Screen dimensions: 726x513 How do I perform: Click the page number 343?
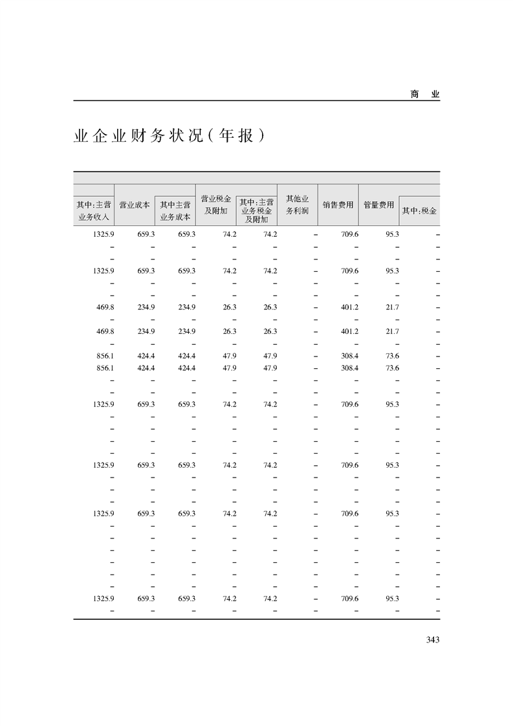click(433, 640)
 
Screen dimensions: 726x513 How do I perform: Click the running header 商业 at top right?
click(424, 94)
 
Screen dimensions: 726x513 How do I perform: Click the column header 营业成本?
click(135, 204)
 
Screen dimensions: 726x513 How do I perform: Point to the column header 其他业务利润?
click(297, 204)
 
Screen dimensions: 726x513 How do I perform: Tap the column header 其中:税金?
click(419, 211)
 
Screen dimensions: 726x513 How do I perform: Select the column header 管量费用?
click(378, 204)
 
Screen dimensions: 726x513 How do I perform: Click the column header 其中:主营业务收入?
click(94, 211)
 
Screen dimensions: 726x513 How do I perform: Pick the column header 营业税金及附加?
click(215, 204)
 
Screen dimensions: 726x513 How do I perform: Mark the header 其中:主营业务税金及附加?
click(256, 211)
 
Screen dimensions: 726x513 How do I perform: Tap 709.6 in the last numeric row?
click(349, 599)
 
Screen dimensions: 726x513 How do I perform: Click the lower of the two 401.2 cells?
click(349, 331)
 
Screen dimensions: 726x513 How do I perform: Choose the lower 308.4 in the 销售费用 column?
click(349, 368)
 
